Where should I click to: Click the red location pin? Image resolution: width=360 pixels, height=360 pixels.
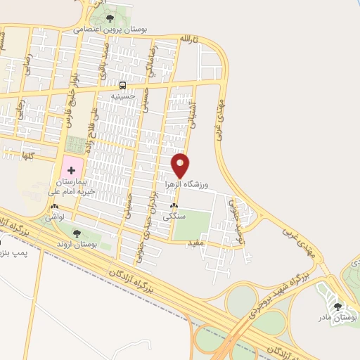(x=181, y=165)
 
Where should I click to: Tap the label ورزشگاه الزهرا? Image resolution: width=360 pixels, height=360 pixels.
(x=190, y=183)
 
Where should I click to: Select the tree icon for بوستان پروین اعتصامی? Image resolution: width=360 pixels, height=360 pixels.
(x=110, y=18)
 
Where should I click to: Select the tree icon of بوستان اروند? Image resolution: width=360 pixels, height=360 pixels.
(x=77, y=233)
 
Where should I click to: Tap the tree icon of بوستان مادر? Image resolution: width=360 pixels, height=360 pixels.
(x=338, y=307)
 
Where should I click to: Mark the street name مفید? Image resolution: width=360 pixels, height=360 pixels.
(x=195, y=243)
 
